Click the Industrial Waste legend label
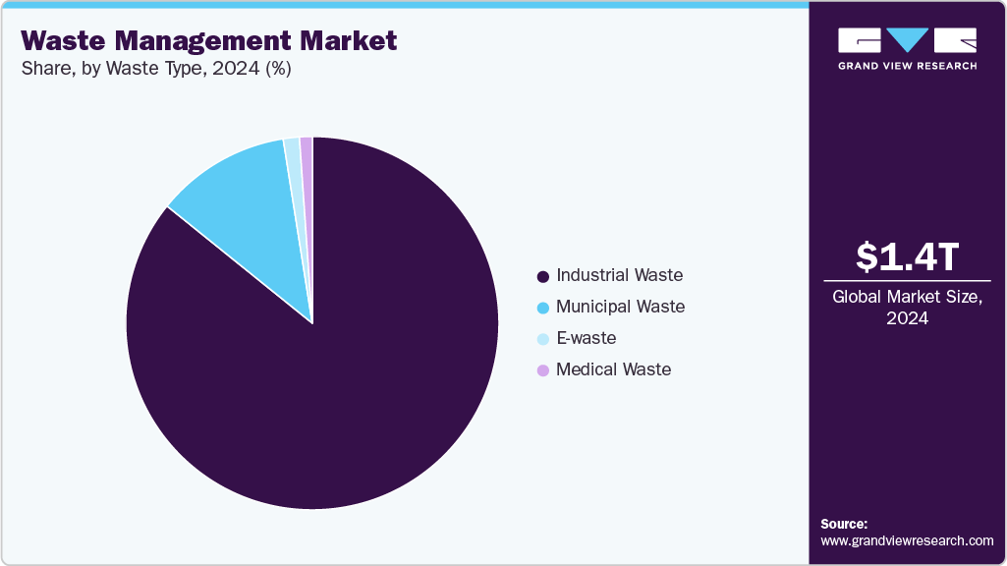(x=619, y=275)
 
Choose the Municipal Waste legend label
(x=620, y=307)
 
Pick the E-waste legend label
(x=586, y=338)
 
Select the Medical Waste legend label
(x=613, y=369)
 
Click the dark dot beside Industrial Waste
(x=542, y=276)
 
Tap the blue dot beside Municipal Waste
(x=542, y=308)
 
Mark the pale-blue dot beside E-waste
(x=542, y=339)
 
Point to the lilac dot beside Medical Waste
(x=542, y=370)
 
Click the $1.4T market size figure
(x=907, y=256)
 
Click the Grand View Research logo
(x=907, y=47)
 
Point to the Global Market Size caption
(x=907, y=307)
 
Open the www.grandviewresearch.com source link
(x=907, y=540)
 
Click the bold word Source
(x=844, y=524)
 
